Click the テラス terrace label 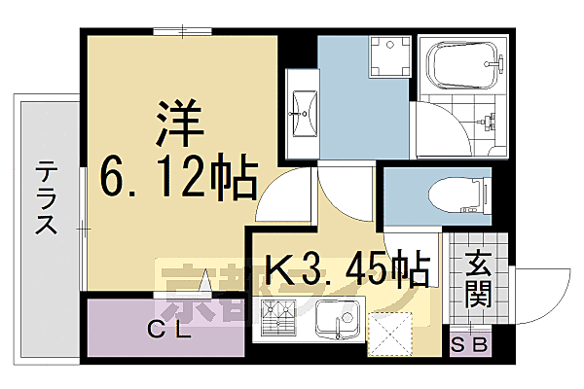pyautogui.click(x=45, y=198)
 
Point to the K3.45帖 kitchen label pyautogui.click(x=345, y=266)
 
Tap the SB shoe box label pyautogui.click(x=470, y=343)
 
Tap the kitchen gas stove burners pyautogui.click(x=279, y=318)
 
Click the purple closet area pyautogui.click(x=165, y=328)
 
